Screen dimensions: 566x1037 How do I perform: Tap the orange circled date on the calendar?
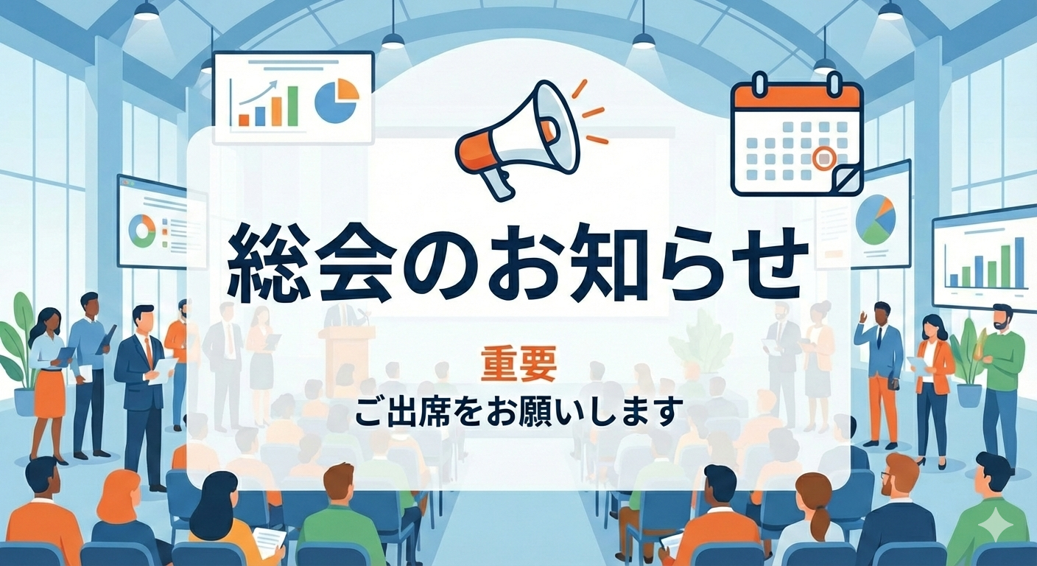coord(823,157)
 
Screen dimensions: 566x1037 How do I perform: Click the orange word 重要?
coord(518,365)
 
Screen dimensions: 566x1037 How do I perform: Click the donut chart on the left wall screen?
coord(141,231)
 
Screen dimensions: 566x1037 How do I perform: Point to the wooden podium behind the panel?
coord(346,354)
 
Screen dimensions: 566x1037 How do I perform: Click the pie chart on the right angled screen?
coord(875,219)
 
